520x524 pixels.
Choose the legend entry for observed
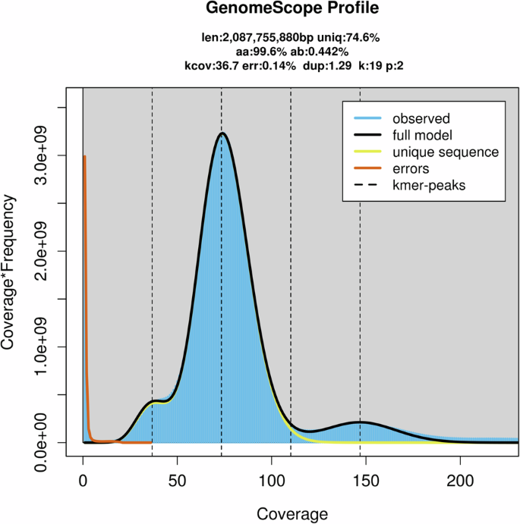pyautogui.click(x=421, y=119)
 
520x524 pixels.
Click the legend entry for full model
pyautogui.click(x=424, y=136)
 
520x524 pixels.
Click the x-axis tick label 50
pyautogui.click(x=177, y=481)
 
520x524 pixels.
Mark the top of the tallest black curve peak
pyautogui.click(x=222, y=133)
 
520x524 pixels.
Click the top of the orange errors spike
pyautogui.click(x=84, y=156)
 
